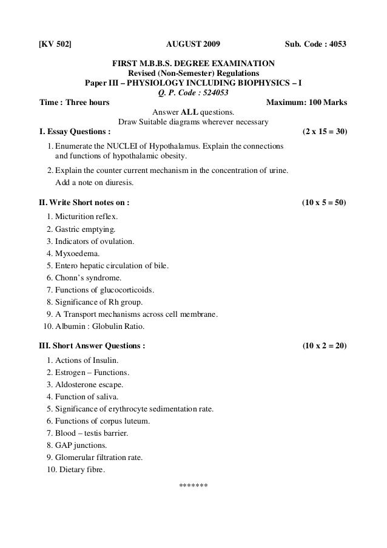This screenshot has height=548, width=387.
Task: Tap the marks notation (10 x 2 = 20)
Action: coord(324,346)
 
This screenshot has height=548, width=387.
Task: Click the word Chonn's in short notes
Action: coord(70,277)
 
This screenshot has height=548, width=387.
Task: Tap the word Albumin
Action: coord(70,326)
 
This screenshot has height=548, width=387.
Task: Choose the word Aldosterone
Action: coord(78,385)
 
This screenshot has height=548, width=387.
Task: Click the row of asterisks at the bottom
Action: coord(193,487)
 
